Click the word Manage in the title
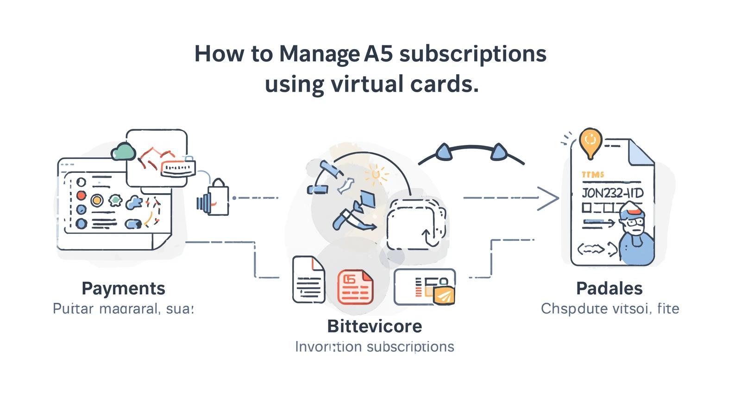(319, 55)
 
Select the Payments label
(123, 288)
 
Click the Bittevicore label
(374, 326)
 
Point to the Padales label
(609, 288)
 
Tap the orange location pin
(590, 141)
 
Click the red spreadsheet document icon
(355, 287)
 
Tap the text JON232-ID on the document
(612, 193)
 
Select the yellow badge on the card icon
(444, 295)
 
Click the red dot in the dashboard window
(81, 195)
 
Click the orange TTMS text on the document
(592, 175)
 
